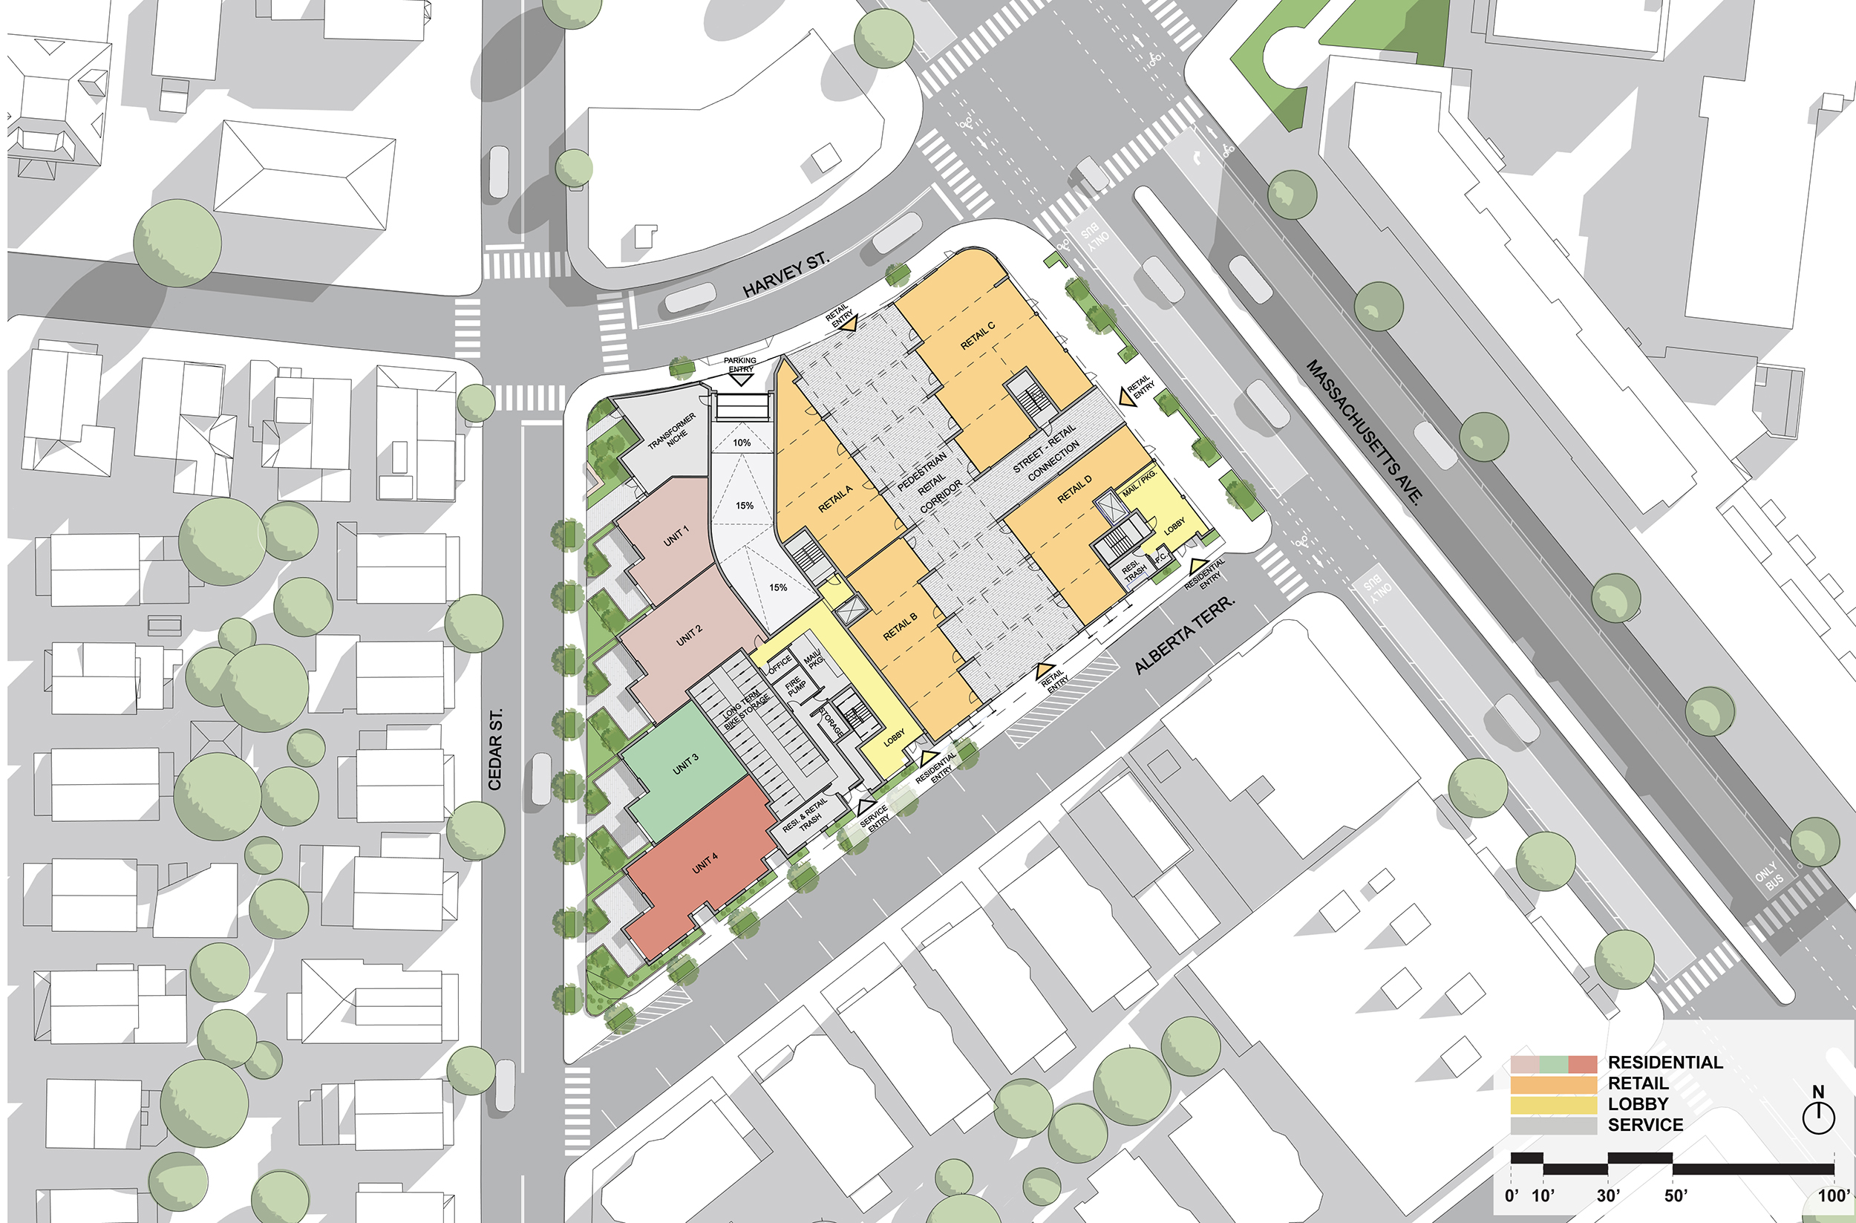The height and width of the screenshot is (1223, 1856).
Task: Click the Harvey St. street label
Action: click(x=785, y=275)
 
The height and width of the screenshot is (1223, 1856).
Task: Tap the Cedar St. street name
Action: click(x=495, y=749)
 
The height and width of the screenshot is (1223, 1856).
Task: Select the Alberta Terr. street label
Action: click(x=1185, y=636)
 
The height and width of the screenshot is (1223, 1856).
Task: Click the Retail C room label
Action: click(x=977, y=336)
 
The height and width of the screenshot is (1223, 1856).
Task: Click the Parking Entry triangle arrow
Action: click(x=740, y=379)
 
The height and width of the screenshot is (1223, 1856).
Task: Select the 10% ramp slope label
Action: click(x=742, y=443)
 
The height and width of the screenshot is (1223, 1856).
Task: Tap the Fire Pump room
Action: click(x=795, y=686)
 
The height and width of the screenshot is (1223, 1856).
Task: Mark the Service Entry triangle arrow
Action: click(x=865, y=806)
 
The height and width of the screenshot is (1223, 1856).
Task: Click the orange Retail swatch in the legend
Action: click(x=1553, y=1084)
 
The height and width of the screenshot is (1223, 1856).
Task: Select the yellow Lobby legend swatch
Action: click(x=1553, y=1104)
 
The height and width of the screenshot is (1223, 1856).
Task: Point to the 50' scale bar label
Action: click(x=1675, y=1196)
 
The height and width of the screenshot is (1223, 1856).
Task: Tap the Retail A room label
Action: click(x=835, y=498)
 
